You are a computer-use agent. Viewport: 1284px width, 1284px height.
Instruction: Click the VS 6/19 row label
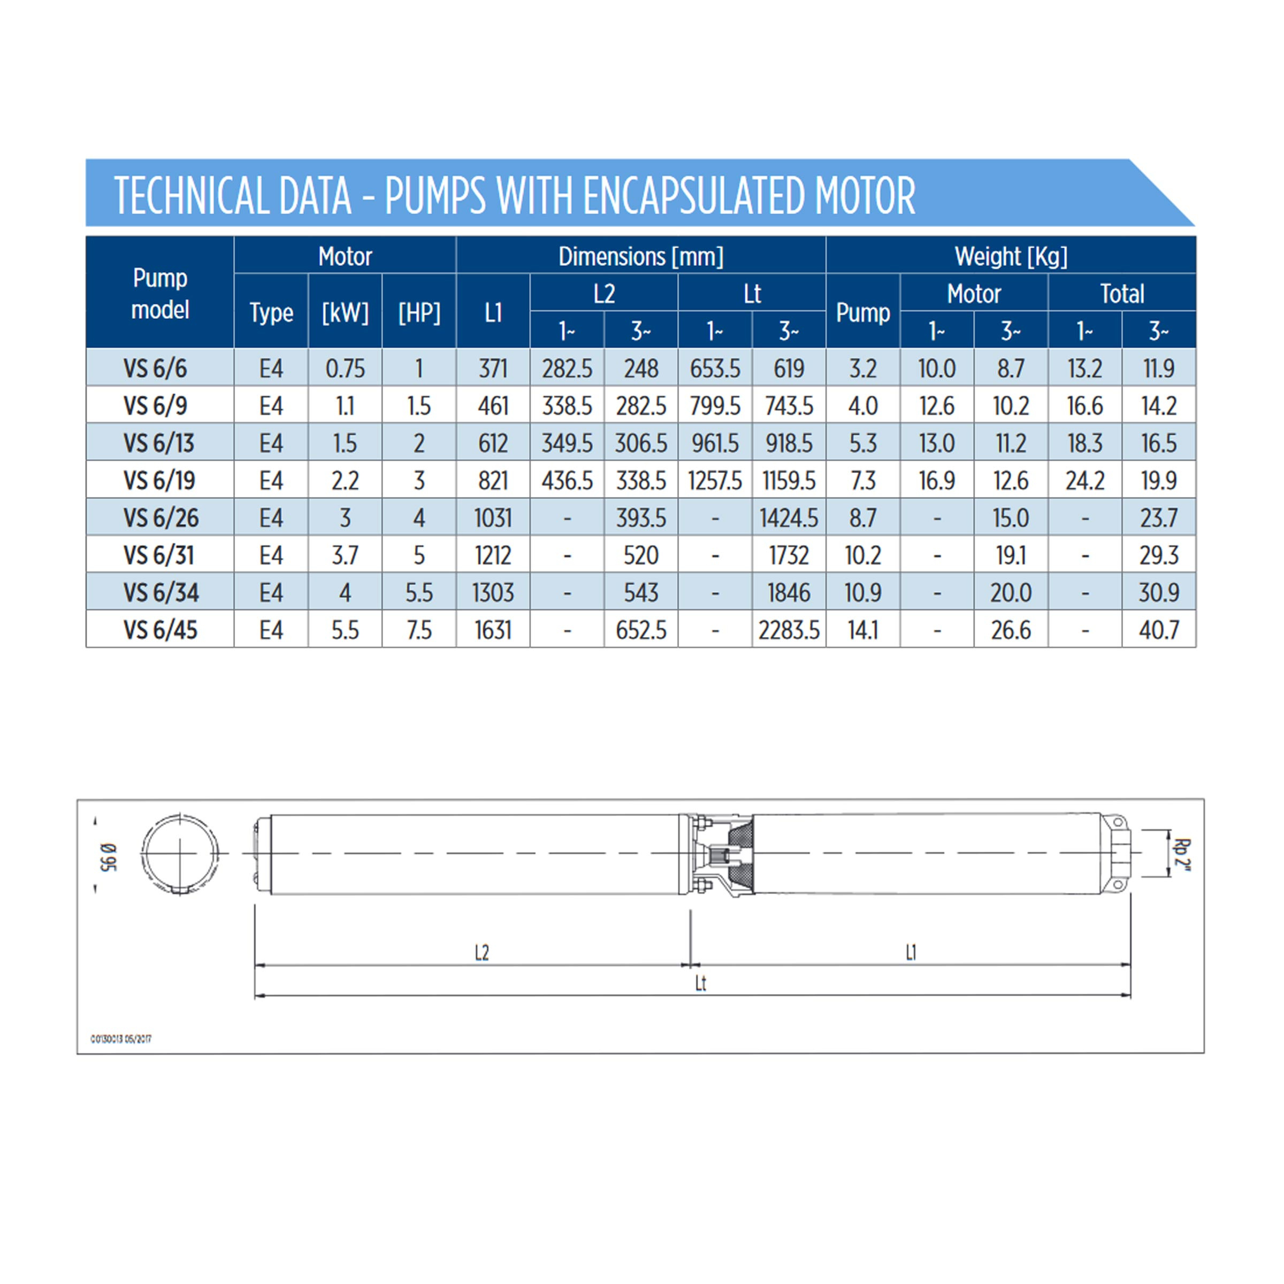click(159, 480)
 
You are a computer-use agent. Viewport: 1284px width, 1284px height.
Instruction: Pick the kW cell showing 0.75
click(345, 368)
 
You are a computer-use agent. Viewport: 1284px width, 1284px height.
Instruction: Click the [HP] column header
click(419, 312)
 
